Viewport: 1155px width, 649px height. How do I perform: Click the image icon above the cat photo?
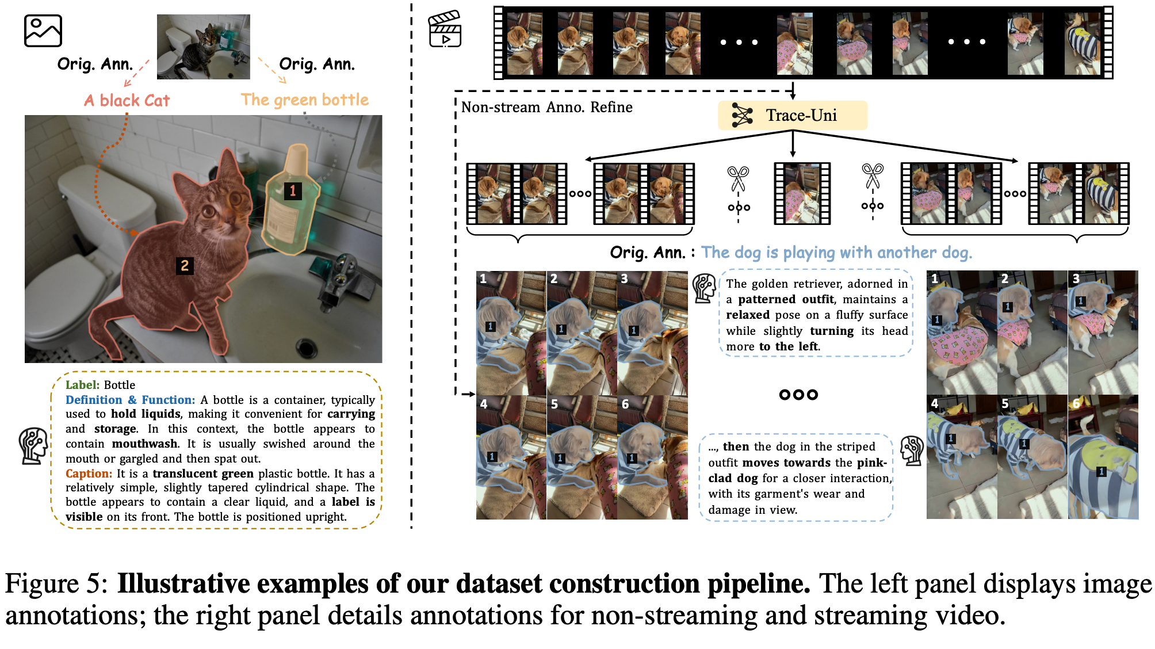[43, 30]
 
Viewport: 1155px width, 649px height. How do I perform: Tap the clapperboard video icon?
[445, 29]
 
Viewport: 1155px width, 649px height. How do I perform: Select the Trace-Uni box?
[792, 116]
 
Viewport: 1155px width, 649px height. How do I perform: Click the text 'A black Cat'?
[127, 101]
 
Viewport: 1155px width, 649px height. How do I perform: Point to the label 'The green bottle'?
[304, 100]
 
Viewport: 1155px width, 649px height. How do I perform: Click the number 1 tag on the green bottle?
[293, 190]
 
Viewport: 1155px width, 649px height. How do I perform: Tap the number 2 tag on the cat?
[185, 265]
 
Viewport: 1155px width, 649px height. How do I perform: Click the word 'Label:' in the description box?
[83, 385]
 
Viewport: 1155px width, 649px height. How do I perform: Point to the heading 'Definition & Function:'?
[130, 400]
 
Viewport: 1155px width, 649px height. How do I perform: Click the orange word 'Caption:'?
[89, 474]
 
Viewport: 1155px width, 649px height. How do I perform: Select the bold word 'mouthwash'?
[145, 444]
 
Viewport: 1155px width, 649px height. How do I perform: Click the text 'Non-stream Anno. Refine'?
[546, 108]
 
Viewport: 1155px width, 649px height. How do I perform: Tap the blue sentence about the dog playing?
[836, 253]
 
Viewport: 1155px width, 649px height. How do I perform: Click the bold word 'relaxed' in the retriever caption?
[748, 315]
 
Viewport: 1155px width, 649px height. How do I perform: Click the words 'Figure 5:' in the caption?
[56, 584]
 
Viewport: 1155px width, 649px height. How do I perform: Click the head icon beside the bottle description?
[33, 445]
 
